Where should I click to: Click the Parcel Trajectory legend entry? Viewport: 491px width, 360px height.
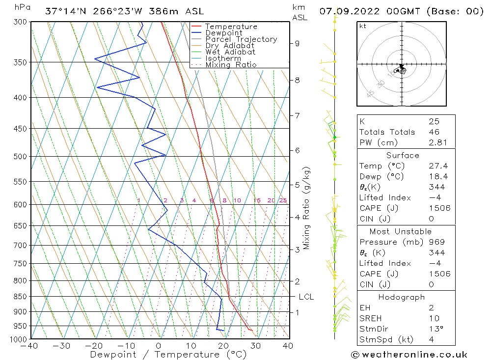241,39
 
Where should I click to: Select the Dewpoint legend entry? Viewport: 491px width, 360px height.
223,33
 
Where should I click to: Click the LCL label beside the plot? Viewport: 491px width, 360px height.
306,297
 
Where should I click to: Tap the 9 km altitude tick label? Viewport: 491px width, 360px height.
297,43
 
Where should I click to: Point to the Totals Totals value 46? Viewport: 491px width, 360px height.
434,132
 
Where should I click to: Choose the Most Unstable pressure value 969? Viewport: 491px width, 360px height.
436,242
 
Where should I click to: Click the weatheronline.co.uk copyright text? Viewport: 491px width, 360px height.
409,354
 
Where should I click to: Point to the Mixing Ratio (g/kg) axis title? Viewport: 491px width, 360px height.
306,208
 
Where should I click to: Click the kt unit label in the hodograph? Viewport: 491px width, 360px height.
362,26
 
